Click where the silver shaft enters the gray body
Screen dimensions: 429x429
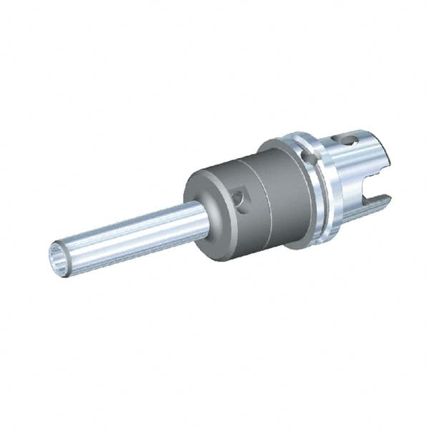202,210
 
